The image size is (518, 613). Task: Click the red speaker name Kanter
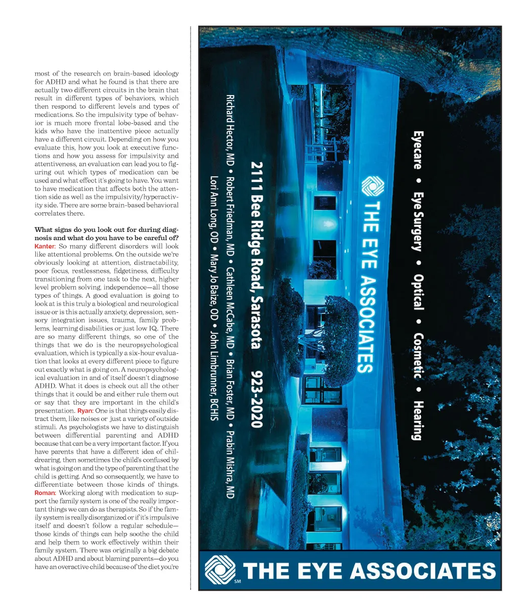click(x=44, y=246)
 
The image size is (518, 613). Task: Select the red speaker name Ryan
click(x=85, y=411)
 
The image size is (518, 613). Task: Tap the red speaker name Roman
click(x=45, y=493)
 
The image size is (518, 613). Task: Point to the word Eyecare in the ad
click(x=418, y=150)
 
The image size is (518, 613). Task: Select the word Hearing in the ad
click(x=418, y=420)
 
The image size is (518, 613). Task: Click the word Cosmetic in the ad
click(x=418, y=355)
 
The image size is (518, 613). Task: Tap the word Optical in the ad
click(x=418, y=292)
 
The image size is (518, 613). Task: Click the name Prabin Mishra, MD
click(x=230, y=464)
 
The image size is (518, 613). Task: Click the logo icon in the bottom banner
click(x=220, y=570)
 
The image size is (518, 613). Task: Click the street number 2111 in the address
click(x=257, y=174)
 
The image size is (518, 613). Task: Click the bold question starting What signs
click(x=106, y=233)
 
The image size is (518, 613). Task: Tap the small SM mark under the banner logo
click(x=238, y=582)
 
